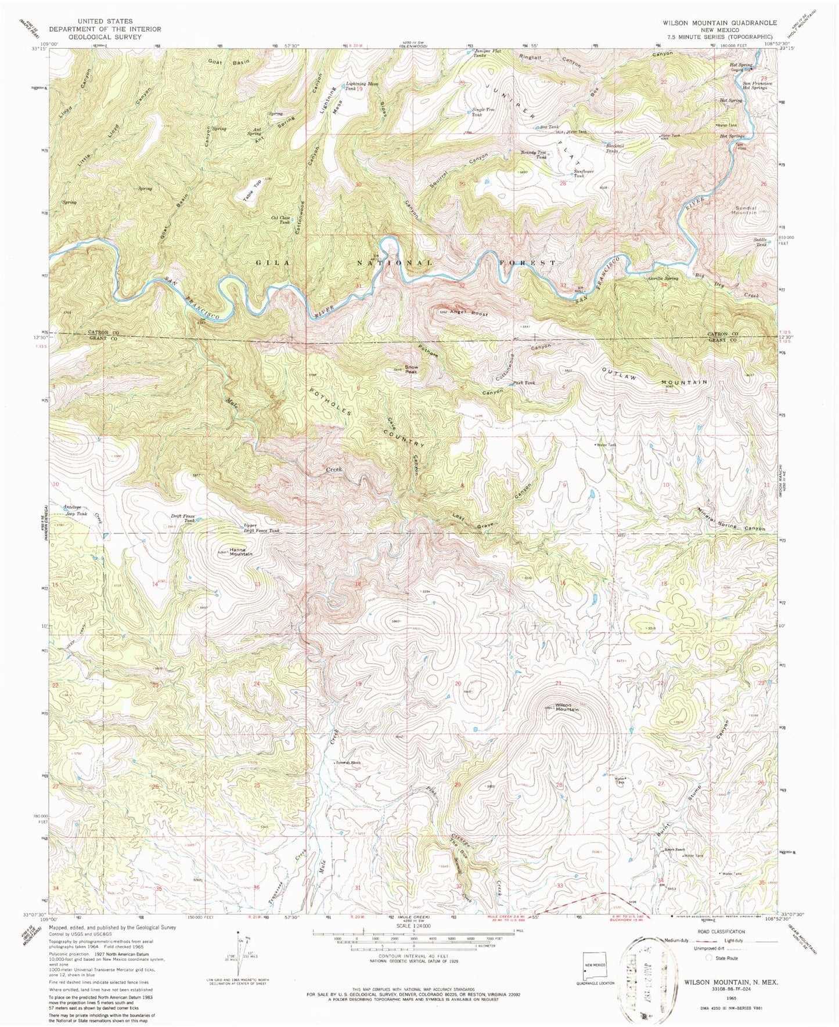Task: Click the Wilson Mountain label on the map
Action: pyautogui.click(x=567, y=707)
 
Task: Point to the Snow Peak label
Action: pyautogui.click(x=411, y=369)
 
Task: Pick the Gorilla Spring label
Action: pyautogui.click(x=664, y=279)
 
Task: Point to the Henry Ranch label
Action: pyautogui.click(x=675, y=849)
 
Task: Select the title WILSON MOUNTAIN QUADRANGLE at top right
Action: pyautogui.click(x=720, y=23)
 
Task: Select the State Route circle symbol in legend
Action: pyautogui.click(x=708, y=959)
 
